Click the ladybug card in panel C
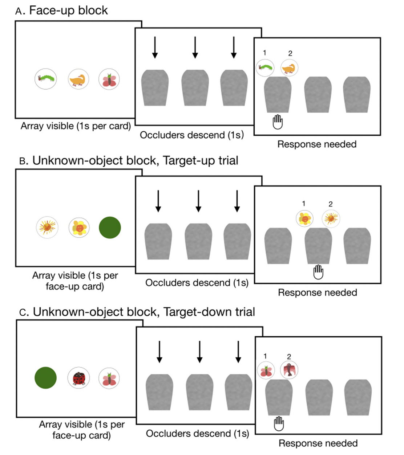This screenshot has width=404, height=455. pos(79,378)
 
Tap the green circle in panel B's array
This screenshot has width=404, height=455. pos(110,227)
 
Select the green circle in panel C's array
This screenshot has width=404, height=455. pos(45,378)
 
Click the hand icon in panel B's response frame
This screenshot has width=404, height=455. pos(318,272)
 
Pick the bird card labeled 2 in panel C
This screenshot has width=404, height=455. pos(289,370)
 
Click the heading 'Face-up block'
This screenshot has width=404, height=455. pos(68,11)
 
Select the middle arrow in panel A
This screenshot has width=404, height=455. pos(195,47)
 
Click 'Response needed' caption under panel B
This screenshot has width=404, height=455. pos(318,292)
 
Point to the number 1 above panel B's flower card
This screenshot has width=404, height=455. pos(304,204)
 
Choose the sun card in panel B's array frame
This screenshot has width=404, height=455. pos(47,227)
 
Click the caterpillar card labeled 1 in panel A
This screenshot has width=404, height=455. pos(265,67)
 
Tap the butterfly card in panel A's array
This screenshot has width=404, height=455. pos(109,79)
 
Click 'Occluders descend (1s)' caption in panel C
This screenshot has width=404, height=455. pos(197,433)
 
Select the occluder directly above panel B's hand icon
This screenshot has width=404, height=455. pos(318,246)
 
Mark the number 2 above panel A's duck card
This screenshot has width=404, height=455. pos(290,53)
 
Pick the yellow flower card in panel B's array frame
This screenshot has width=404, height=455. pos(79,227)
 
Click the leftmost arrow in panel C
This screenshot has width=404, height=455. pos(159,352)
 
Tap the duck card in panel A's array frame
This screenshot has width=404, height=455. pos(78,79)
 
